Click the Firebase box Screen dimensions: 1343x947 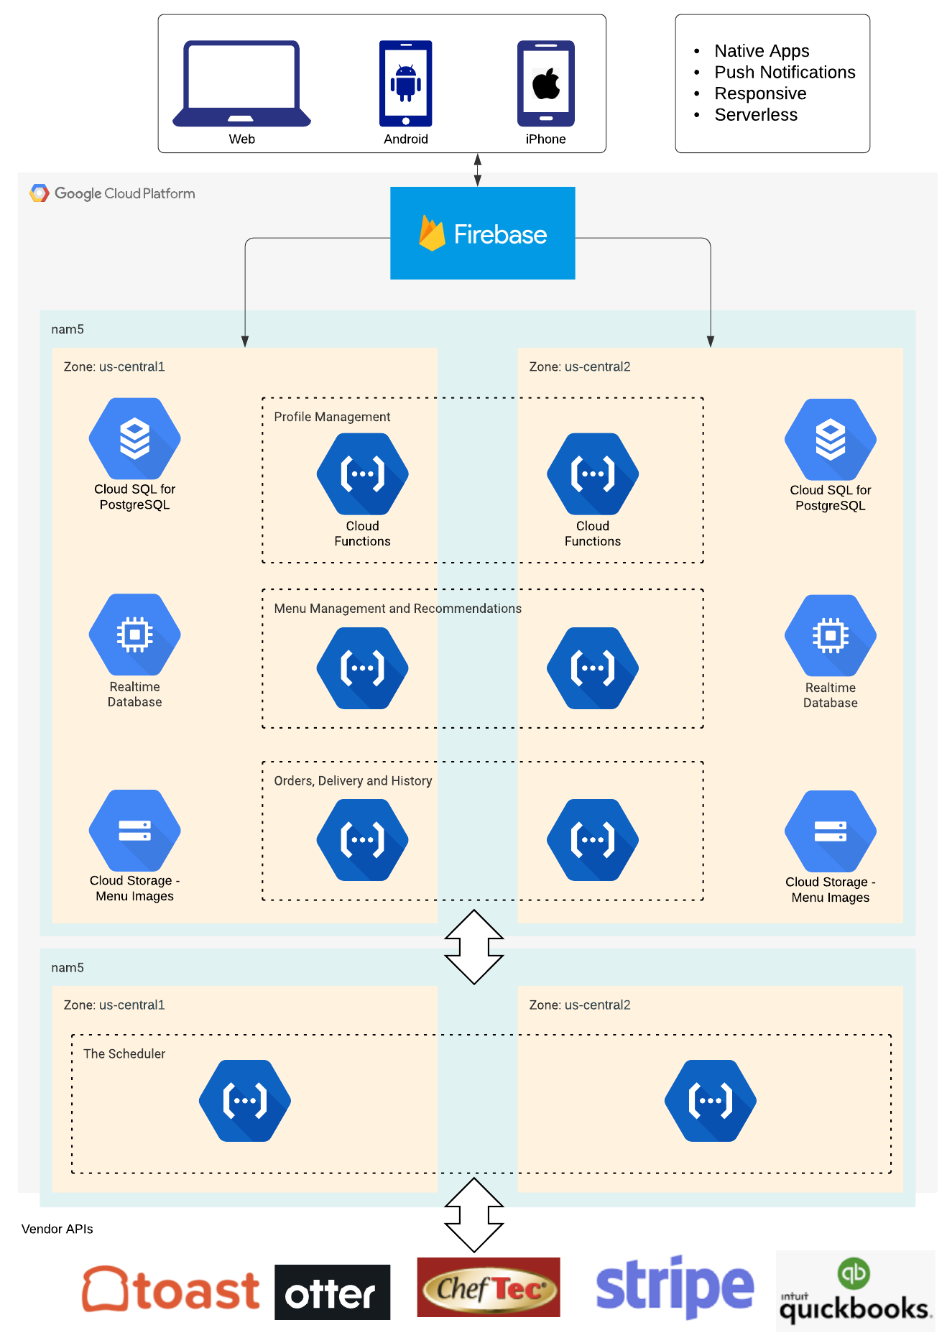(x=482, y=233)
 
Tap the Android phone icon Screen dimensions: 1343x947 (x=405, y=83)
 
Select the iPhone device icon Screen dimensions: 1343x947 (x=545, y=83)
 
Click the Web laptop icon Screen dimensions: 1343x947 (x=241, y=83)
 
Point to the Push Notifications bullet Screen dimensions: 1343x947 (x=784, y=73)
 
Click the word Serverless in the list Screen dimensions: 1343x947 (x=755, y=115)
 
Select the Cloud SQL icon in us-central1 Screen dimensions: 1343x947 (x=134, y=438)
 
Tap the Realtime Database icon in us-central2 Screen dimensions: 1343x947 (x=830, y=635)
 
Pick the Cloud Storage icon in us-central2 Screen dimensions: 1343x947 (x=830, y=831)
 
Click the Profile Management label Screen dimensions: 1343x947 (x=332, y=417)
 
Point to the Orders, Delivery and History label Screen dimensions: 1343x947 (x=353, y=781)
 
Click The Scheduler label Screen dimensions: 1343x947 (x=124, y=1054)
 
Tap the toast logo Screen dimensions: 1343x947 (x=170, y=1291)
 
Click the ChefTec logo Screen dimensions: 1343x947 (x=488, y=1288)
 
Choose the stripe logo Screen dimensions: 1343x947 (x=675, y=1286)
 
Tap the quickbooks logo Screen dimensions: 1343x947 (x=854, y=1292)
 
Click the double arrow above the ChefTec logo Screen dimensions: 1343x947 (x=474, y=1214)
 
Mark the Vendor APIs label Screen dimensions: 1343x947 (x=57, y=1229)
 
